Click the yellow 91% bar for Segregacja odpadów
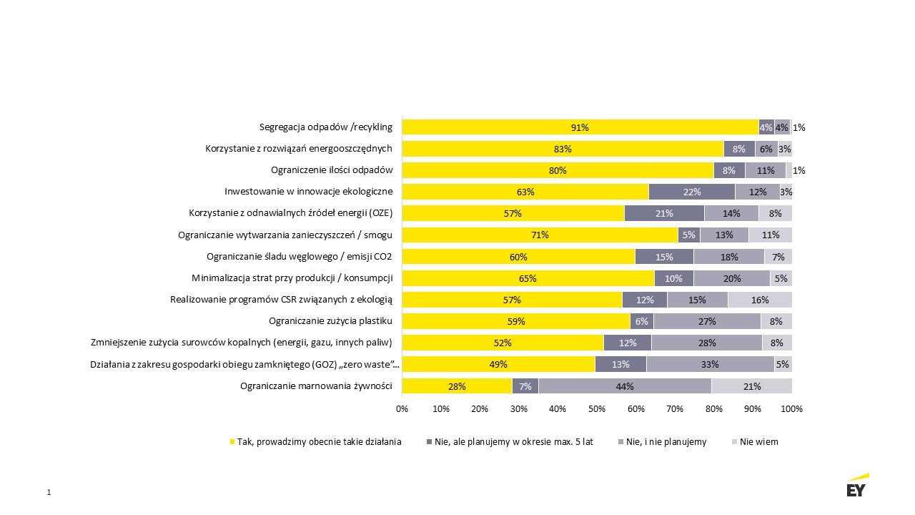580,127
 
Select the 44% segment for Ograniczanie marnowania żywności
625,386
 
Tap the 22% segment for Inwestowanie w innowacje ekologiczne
691,192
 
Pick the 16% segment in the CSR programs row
760,300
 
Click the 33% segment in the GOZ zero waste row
710,364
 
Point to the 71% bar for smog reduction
540,235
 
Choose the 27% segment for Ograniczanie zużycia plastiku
707,321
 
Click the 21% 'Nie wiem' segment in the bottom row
751,386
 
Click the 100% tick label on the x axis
791,409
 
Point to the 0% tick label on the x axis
402,409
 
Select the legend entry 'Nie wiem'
758,442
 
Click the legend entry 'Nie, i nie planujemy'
666,442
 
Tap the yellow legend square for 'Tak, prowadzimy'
232,442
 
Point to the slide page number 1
49,492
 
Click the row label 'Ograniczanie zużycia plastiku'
330,321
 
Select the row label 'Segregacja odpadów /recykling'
326,127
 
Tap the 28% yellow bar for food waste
457,386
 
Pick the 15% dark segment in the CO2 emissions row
664,257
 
